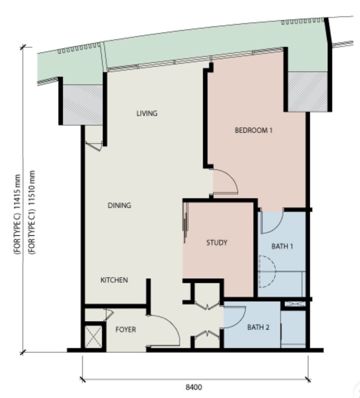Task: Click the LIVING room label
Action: tap(147, 113)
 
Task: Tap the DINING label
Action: tap(119, 205)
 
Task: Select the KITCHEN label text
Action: tap(114, 280)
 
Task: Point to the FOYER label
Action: tap(126, 329)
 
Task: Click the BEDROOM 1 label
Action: tap(254, 130)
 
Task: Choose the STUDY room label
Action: tap(217, 243)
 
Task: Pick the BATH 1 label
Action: tap(282, 246)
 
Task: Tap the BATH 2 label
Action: tap(258, 327)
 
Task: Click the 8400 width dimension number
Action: tap(194, 387)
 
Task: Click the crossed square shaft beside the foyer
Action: tap(93, 336)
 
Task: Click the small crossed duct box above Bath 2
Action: tap(295, 304)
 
